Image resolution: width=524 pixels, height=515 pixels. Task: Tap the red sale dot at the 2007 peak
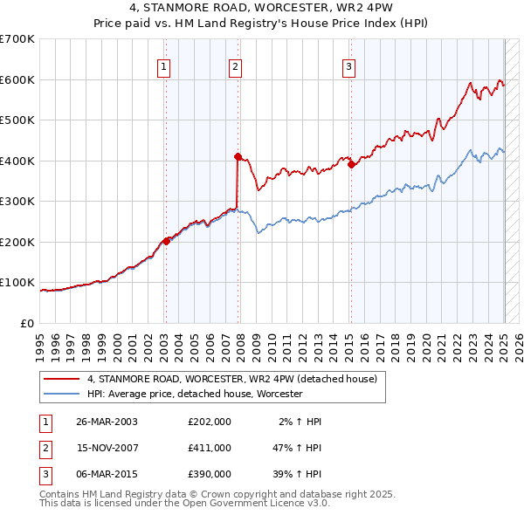238,156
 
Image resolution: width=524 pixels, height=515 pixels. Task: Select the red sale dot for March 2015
350,164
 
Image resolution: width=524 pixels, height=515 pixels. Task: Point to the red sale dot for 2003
166,241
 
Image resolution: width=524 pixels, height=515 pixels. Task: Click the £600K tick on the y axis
17,79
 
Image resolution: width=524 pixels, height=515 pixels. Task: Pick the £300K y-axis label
17,201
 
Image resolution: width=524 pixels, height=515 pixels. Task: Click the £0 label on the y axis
26,323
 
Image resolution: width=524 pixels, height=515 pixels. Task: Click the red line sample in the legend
62,379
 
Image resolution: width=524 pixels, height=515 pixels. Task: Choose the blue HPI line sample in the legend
62,394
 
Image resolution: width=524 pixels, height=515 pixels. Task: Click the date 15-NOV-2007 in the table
107,448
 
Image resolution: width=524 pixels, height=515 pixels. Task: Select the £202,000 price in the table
209,422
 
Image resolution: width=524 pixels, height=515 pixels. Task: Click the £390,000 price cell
209,474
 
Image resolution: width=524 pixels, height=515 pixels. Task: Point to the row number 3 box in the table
44,474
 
